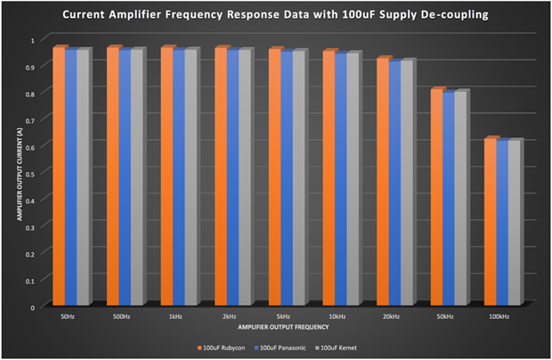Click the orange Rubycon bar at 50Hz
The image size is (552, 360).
click(x=60, y=178)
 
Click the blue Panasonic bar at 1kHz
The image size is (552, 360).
click(x=179, y=178)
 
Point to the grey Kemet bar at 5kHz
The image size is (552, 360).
click(x=298, y=178)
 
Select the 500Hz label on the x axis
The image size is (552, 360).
click(x=122, y=316)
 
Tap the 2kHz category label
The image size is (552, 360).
click(x=231, y=316)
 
